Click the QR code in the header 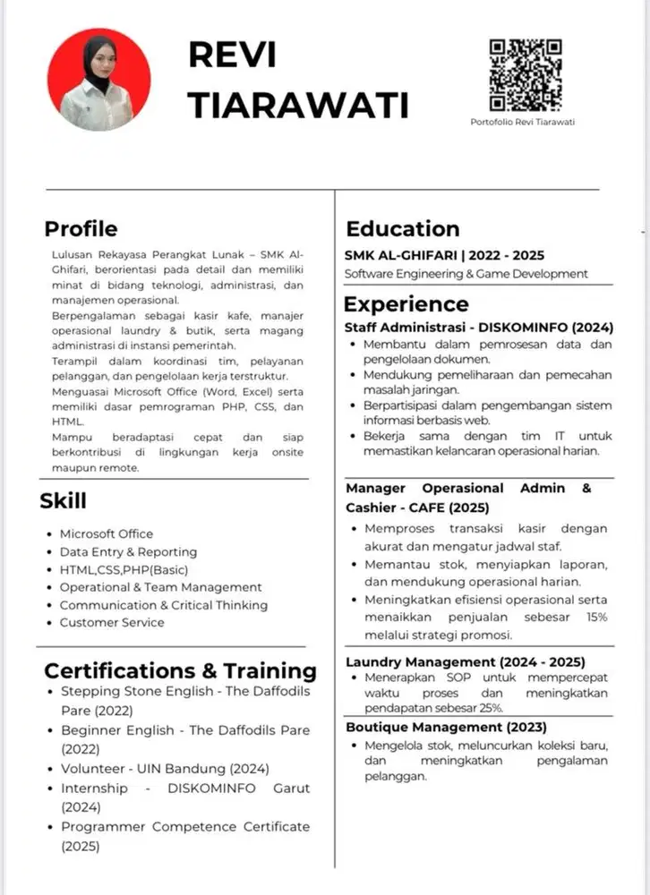point(525,75)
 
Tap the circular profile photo point(98,79)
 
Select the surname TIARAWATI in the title point(298,104)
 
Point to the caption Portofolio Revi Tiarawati point(523,122)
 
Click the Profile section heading point(81,228)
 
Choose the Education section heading point(403,228)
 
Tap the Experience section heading point(406,304)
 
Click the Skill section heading point(64,500)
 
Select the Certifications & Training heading point(180,670)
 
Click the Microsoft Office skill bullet point(106,533)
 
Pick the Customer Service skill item point(112,622)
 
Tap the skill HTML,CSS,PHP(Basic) point(124,569)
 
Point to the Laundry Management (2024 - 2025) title point(466,662)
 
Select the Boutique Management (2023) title point(446,727)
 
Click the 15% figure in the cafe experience point(596,618)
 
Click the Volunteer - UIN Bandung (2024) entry point(165,768)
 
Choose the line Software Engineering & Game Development point(466,274)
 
